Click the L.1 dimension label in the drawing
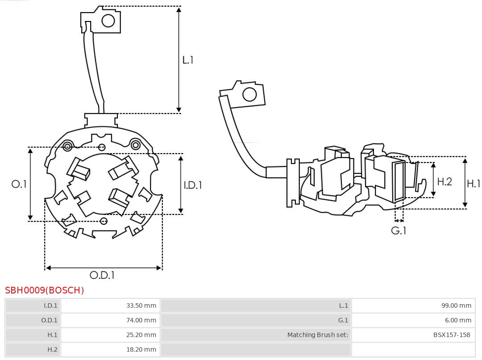[x=188, y=60]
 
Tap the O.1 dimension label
[x=19, y=184]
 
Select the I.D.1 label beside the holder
[x=193, y=185]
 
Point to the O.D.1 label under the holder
[x=102, y=276]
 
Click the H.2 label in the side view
[x=445, y=181]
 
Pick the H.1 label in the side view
[x=474, y=183]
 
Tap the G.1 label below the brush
[x=399, y=231]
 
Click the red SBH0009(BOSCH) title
[x=45, y=290]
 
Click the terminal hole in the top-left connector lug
[x=108, y=21]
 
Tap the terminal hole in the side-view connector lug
[x=249, y=95]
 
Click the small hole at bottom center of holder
[x=104, y=221]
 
